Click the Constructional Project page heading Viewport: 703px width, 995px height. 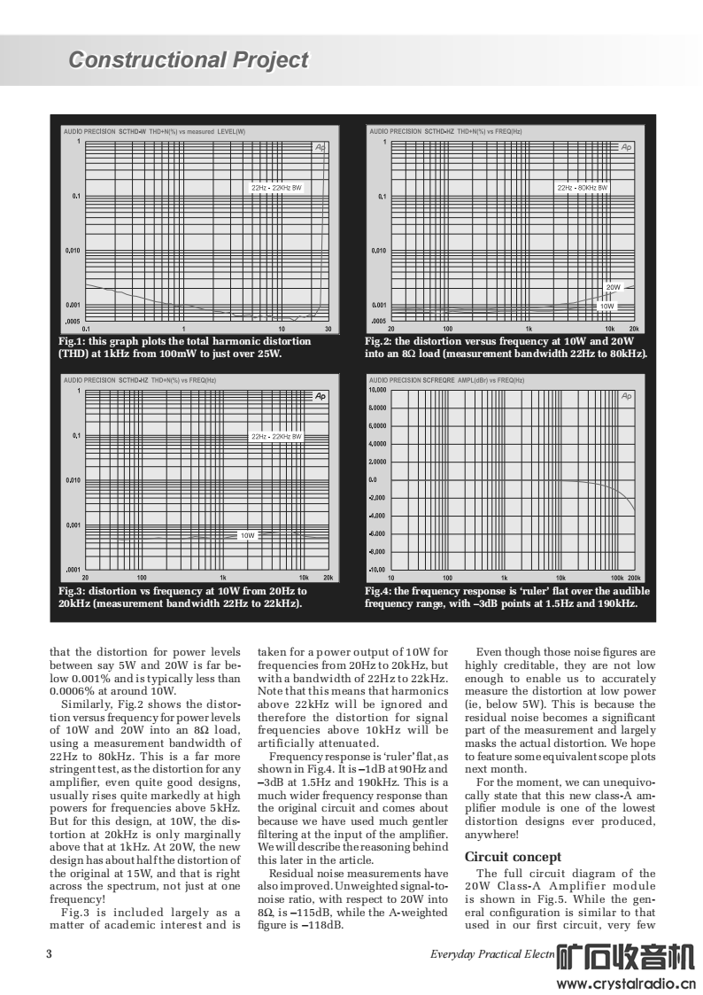pyautogui.click(x=189, y=60)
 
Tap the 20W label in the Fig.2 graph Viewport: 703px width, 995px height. pyautogui.click(x=614, y=287)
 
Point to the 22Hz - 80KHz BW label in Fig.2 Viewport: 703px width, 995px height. pyautogui.click(x=583, y=188)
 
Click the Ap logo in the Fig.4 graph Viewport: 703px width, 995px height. pyautogui.click(x=627, y=396)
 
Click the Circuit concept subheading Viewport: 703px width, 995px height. pyautogui.click(x=513, y=857)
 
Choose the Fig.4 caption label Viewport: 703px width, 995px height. pyautogui.click(x=379, y=591)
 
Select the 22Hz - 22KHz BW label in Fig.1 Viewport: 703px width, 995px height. pyautogui.click(x=278, y=188)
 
